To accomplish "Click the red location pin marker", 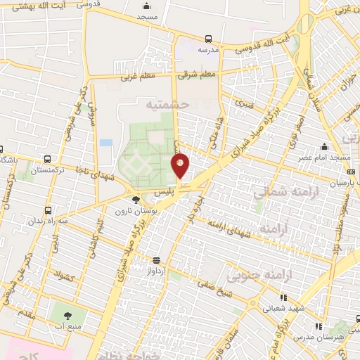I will point(180,166).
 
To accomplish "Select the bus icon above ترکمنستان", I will point(47,159).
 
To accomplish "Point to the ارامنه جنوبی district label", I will point(269,276).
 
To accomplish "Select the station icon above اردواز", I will point(156,259).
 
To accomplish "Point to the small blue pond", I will point(106,143).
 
